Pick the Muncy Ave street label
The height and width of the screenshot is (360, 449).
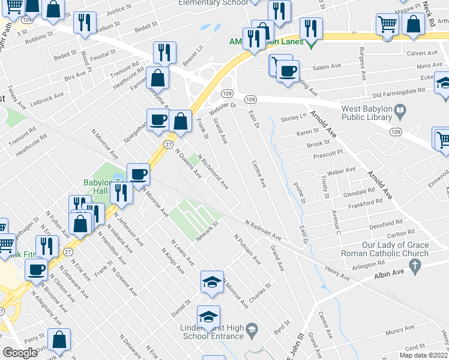pyautogui.click(x=401, y=330)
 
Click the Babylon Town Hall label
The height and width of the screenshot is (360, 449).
pyautogui.click(x=99, y=187)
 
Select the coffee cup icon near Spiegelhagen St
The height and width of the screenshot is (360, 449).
pyautogui.click(x=158, y=119)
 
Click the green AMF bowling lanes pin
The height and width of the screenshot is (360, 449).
pyautogui.click(x=310, y=43)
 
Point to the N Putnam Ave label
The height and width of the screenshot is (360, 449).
pyautogui.click(x=247, y=250)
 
